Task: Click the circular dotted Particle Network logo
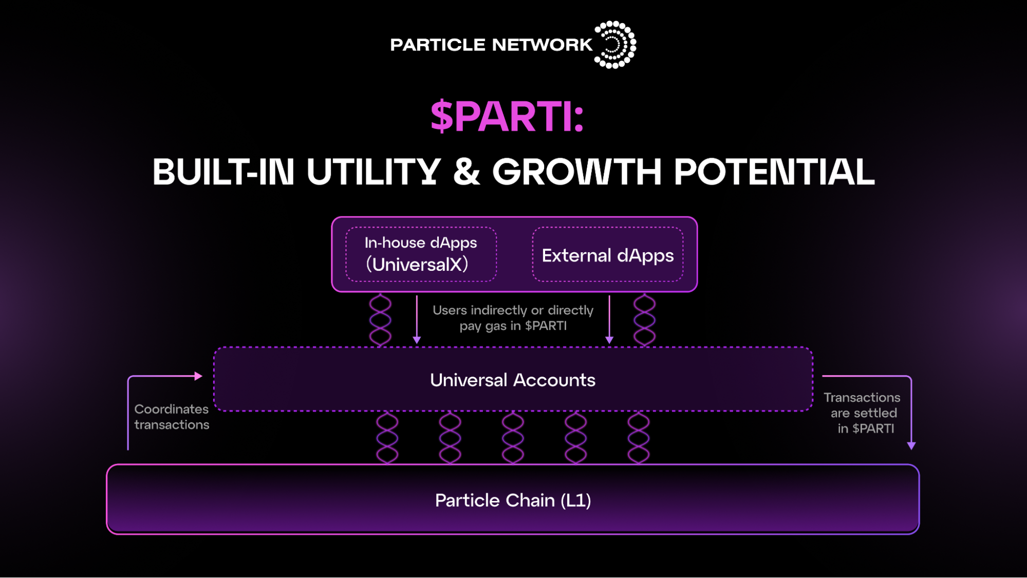tap(615, 45)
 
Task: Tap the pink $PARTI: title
tap(507, 116)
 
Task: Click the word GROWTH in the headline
tap(577, 172)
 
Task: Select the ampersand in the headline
tap(466, 172)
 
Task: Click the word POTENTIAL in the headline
tap(774, 172)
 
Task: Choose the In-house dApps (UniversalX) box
tap(421, 254)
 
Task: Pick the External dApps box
tap(608, 255)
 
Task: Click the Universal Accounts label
tap(513, 380)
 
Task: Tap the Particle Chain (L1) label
tap(513, 500)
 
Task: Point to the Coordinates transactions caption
tap(172, 417)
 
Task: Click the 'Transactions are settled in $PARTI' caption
tap(863, 413)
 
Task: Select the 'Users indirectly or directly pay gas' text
tap(513, 318)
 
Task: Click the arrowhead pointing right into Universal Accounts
tap(198, 376)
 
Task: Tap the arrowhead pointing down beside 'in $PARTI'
tap(911, 445)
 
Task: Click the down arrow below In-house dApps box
tap(417, 340)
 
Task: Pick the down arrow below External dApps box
tap(609, 340)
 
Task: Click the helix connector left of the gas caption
tap(380, 320)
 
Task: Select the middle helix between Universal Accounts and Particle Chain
tap(513, 438)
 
